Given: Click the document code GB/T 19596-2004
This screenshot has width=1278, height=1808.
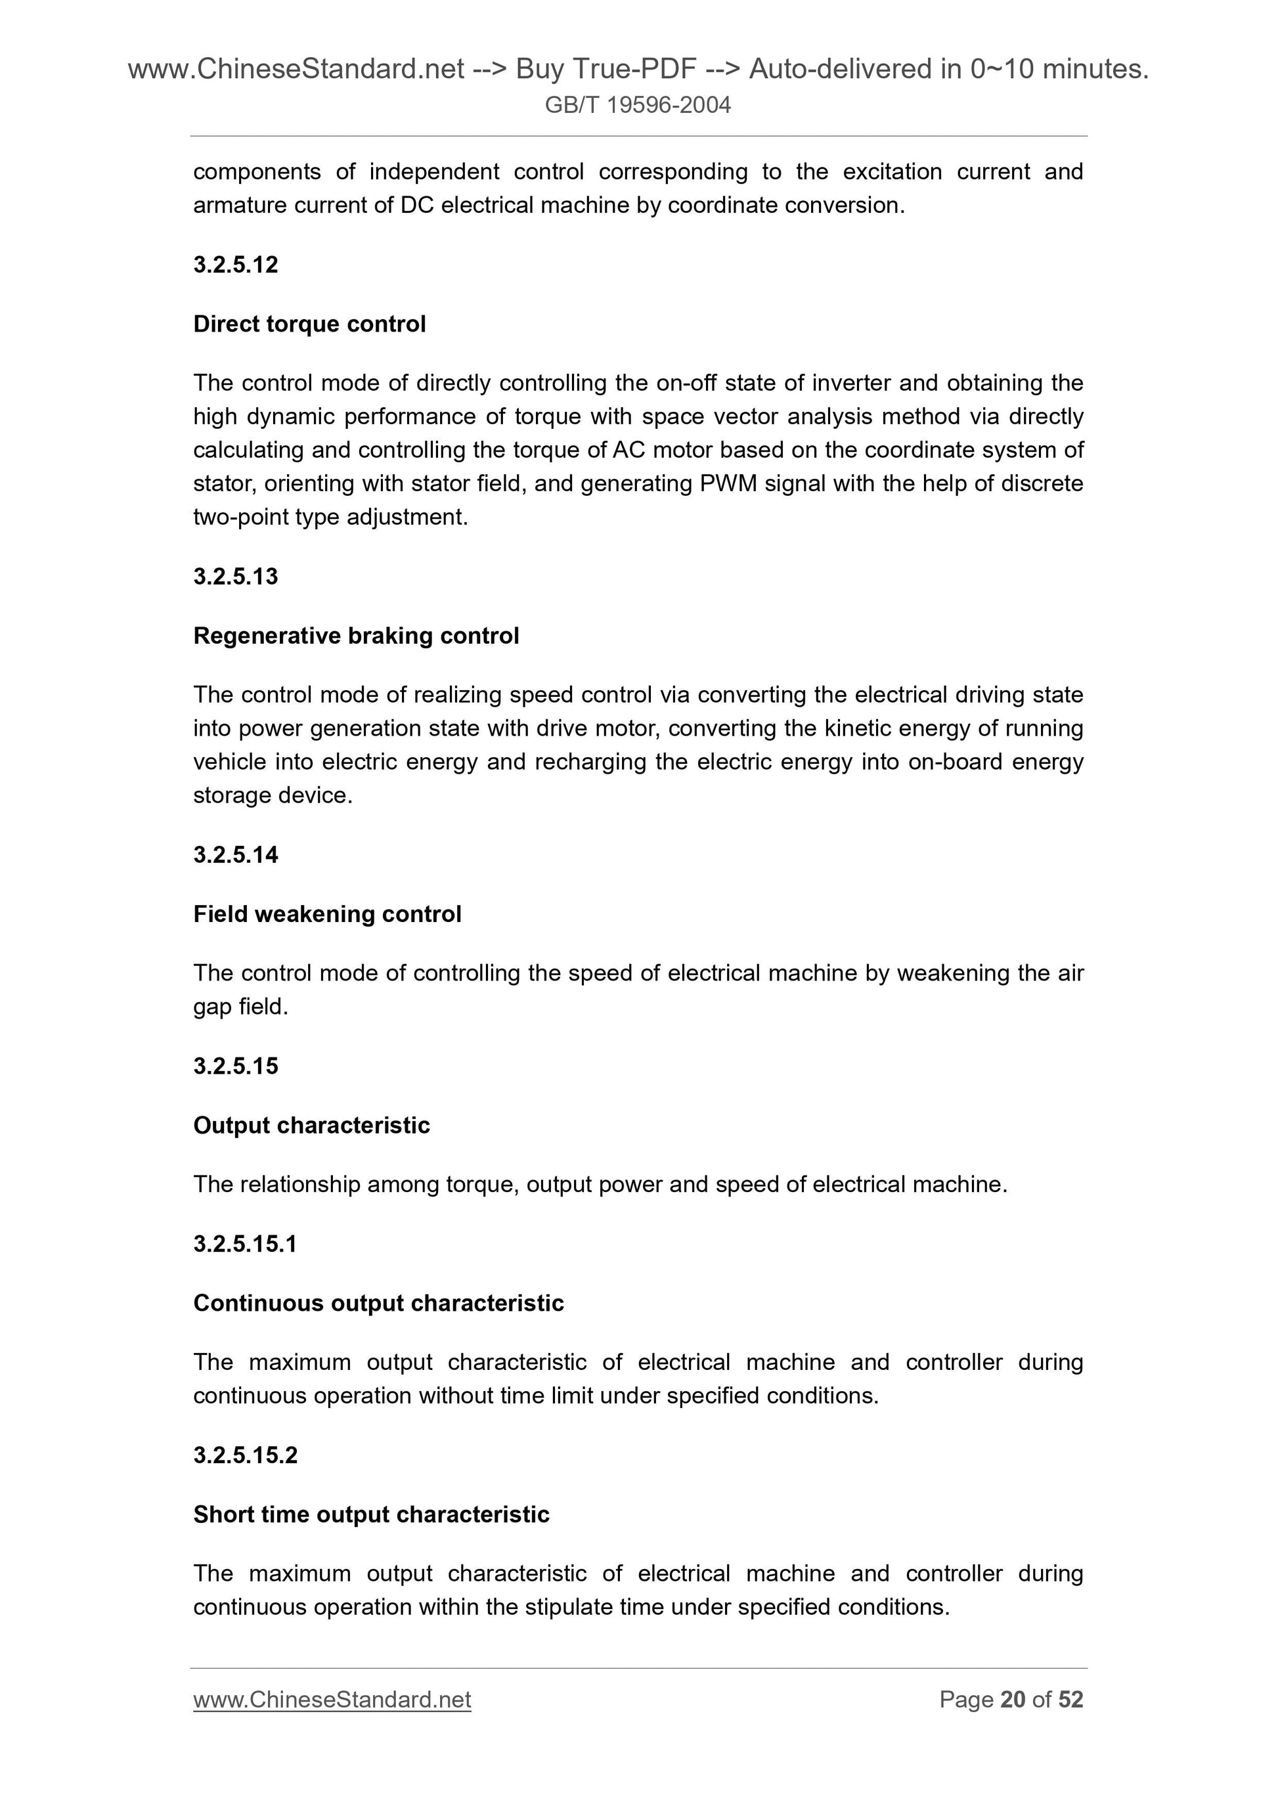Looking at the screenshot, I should click(638, 104).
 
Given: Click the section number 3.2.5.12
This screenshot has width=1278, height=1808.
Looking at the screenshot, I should click(236, 265).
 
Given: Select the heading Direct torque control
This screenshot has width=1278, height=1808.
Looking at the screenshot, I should click(309, 324).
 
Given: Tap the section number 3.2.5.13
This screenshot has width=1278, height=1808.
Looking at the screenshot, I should click(236, 577).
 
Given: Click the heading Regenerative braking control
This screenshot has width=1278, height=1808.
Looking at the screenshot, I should click(356, 636).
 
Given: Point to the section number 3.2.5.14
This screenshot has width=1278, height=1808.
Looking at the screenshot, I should click(236, 854).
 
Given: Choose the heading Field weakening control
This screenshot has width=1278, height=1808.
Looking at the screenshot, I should click(327, 914).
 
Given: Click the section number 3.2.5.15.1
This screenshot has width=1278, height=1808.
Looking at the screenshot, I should click(245, 1243).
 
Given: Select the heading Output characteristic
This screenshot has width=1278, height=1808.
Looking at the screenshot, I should click(311, 1125).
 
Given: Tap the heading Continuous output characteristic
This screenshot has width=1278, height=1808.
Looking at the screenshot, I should click(378, 1302).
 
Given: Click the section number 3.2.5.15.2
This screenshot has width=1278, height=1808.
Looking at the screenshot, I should click(245, 1455).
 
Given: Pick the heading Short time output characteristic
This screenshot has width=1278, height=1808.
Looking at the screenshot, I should click(371, 1514).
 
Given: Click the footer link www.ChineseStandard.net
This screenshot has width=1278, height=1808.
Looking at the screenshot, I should click(332, 1700).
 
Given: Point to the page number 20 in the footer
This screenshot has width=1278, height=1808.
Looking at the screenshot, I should click(1012, 1700).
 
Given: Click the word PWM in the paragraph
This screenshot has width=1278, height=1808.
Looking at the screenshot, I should click(728, 483).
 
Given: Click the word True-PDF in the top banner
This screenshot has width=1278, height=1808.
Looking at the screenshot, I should click(636, 70).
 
